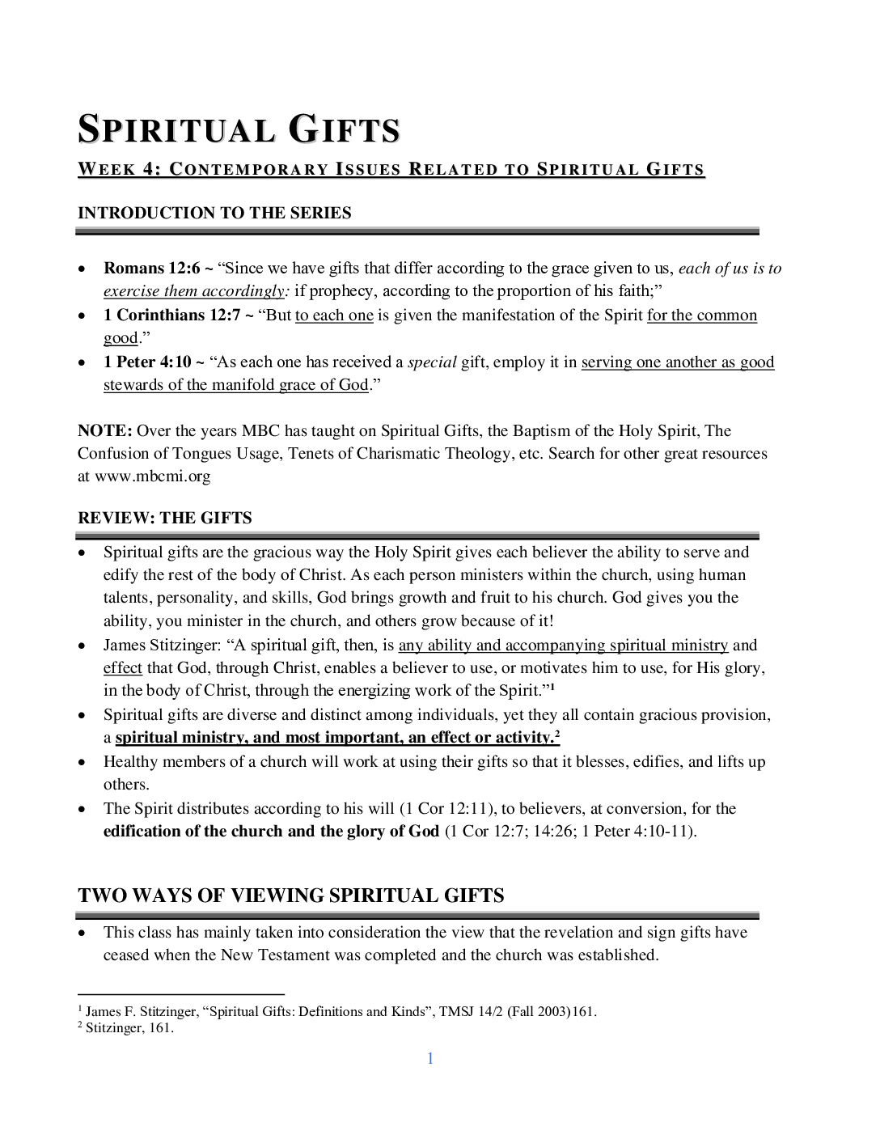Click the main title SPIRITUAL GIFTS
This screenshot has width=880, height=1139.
tap(239, 130)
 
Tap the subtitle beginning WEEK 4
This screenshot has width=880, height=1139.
tap(391, 170)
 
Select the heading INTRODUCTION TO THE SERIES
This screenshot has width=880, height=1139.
tap(214, 213)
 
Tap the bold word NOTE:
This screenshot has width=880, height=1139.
tap(104, 431)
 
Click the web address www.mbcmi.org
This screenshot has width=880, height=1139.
tap(153, 476)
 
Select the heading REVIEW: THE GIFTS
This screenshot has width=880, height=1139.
tap(165, 518)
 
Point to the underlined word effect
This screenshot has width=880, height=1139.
tap(122, 668)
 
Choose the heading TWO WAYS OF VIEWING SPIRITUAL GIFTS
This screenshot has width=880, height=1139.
tap(291, 896)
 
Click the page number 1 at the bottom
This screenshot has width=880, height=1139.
tap(430, 1058)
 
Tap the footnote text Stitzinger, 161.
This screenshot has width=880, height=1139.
tap(129, 1028)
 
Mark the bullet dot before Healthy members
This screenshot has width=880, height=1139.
tap(82, 762)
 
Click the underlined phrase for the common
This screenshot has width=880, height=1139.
tap(701, 315)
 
